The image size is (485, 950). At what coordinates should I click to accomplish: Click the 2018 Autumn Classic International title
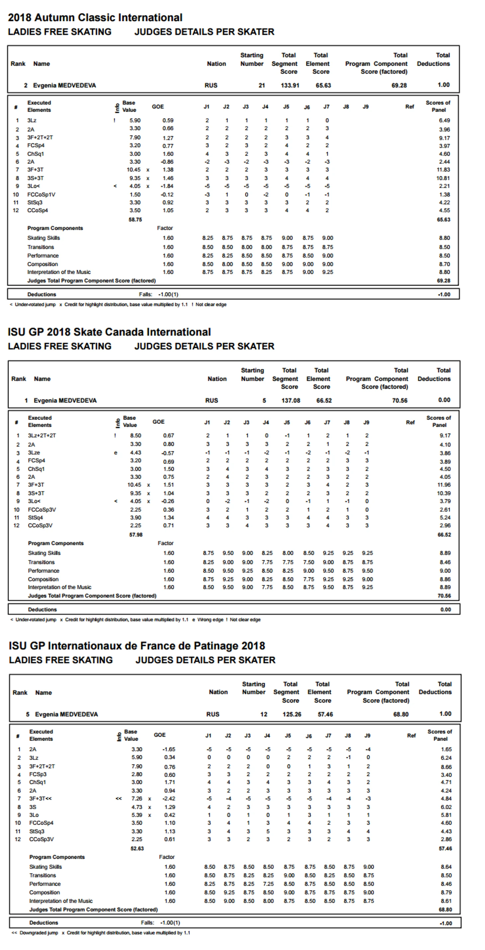click(x=95, y=17)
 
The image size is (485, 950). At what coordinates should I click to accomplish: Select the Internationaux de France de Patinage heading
click(x=137, y=646)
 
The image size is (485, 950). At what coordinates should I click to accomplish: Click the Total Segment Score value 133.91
click(x=290, y=85)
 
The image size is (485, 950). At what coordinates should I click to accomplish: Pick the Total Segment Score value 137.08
click(x=291, y=400)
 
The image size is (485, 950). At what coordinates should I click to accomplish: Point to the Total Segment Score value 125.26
click(x=292, y=714)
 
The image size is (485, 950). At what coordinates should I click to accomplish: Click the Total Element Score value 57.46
click(x=325, y=714)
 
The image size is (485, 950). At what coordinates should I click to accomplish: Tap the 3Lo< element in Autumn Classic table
click(x=34, y=186)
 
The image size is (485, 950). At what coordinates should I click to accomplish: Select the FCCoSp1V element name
click(x=41, y=194)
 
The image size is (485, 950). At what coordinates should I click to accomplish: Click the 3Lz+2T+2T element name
click(x=42, y=435)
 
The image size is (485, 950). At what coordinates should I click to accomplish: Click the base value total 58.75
click(x=135, y=219)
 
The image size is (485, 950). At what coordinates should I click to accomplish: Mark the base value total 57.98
click(x=136, y=534)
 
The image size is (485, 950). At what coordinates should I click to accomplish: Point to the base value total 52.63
click(x=137, y=848)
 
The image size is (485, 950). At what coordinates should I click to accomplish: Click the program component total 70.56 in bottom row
click(x=444, y=596)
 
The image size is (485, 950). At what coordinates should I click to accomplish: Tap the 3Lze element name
click(x=34, y=453)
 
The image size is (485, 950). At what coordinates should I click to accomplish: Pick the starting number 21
click(x=261, y=85)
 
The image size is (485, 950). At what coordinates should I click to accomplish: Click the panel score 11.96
click(x=444, y=484)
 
